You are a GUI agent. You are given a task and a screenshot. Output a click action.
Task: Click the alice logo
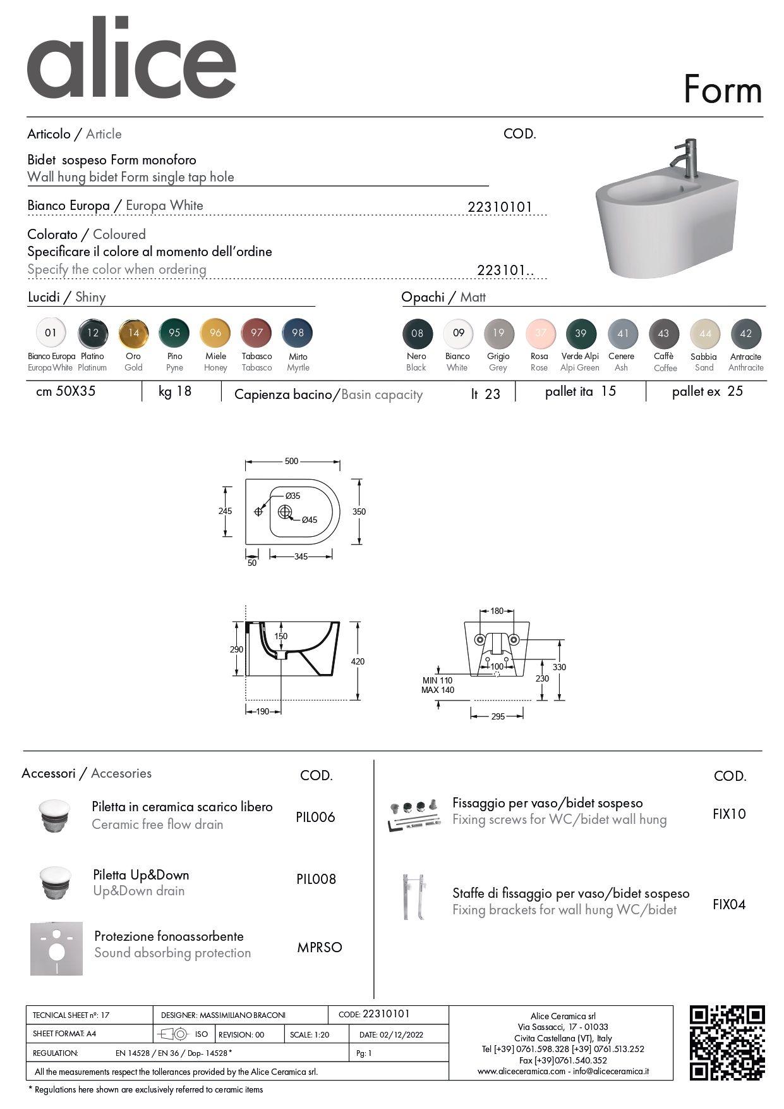[131, 59]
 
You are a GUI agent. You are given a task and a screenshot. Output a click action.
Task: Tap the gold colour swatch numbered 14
[133, 333]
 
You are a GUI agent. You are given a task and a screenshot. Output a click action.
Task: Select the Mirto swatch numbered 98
[298, 333]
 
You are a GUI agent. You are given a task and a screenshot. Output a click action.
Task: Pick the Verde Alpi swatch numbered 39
[581, 333]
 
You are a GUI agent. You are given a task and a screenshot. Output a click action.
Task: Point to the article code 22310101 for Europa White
[500, 207]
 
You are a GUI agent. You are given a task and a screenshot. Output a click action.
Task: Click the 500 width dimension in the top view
[291, 461]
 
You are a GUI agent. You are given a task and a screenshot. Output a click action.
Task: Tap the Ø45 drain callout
[309, 520]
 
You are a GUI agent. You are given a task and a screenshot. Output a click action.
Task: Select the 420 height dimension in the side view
[358, 661]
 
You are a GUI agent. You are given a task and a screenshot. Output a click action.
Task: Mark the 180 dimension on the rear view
[497, 611]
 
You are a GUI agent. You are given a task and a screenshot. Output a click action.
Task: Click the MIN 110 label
[437, 680]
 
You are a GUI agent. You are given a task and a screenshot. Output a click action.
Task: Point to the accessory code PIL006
[315, 817]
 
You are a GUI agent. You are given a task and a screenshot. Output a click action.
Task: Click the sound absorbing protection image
[56, 948]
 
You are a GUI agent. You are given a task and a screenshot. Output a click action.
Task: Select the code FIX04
[729, 904]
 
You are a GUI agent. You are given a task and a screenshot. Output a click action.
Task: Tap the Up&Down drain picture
[56, 883]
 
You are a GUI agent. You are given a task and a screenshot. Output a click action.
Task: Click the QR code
[727, 1043]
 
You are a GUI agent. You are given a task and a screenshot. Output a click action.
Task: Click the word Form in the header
[723, 90]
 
